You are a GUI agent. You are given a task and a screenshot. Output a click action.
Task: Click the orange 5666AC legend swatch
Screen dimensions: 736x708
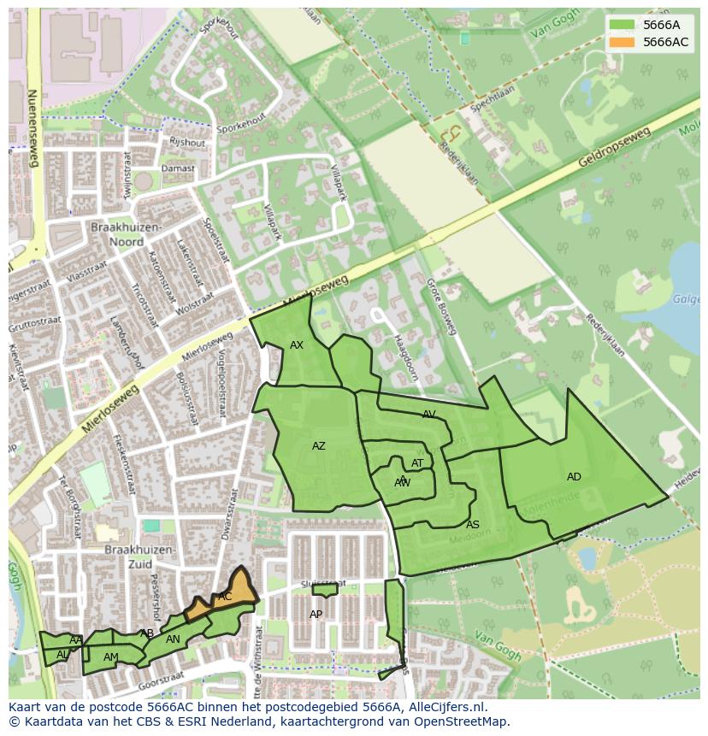coord(622,42)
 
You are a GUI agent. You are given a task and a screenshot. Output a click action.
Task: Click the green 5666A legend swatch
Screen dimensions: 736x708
coord(622,25)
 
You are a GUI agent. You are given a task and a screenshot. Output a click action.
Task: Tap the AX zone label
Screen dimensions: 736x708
coord(297,345)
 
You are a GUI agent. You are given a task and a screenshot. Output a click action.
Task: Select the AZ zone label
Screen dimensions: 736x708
coord(319,446)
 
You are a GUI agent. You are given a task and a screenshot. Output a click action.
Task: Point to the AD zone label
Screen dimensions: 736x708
coord(574,477)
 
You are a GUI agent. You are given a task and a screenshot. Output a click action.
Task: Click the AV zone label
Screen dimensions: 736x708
coord(429,415)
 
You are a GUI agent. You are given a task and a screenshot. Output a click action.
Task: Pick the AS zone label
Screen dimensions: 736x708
coord(473,525)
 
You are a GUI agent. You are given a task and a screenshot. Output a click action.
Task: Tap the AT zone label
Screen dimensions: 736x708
coord(417,463)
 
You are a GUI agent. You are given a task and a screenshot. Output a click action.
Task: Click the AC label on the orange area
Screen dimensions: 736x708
coord(225,597)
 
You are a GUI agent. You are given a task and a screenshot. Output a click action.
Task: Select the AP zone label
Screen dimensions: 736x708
coord(316,615)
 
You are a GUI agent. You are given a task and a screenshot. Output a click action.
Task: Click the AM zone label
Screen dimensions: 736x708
coord(111,657)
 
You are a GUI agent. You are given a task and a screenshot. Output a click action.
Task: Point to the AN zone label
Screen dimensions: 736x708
coord(173,639)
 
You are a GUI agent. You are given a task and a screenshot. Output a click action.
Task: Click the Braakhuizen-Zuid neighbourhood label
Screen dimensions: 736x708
coord(140,556)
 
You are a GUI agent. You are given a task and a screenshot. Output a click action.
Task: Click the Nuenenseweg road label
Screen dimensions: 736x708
coord(33,128)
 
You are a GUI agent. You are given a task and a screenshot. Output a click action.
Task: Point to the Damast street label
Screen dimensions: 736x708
coord(180,168)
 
